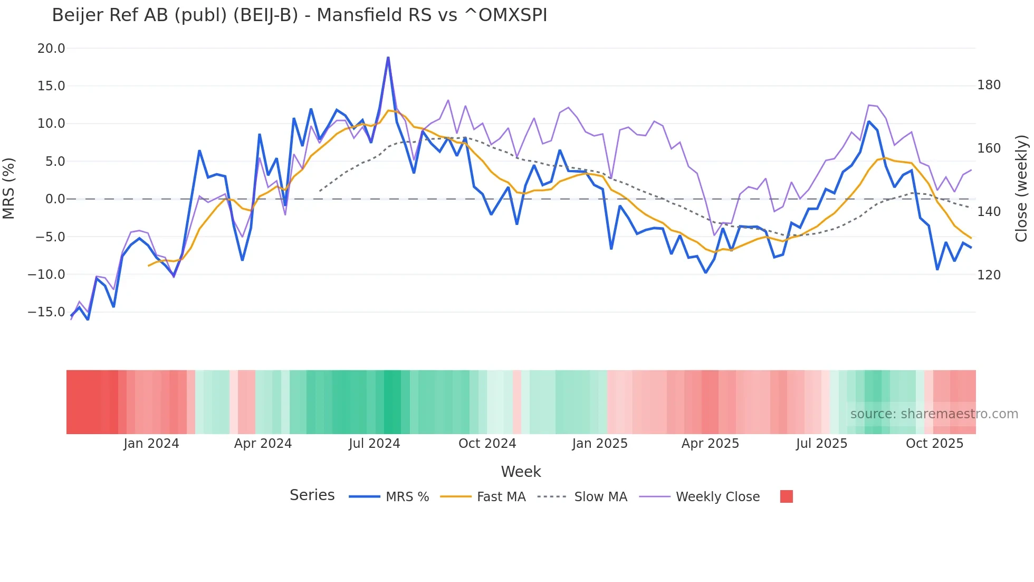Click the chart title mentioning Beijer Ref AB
pyautogui.click(x=299, y=15)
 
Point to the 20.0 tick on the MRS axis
pyautogui.click(x=51, y=49)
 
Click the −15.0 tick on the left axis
pyautogui.click(x=46, y=312)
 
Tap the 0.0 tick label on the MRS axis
pyautogui.click(x=55, y=199)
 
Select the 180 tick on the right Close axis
pyautogui.click(x=989, y=85)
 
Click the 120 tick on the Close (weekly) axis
pyautogui.click(x=989, y=275)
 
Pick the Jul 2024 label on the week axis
pyautogui.click(x=374, y=444)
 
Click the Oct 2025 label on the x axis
pyautogui.click(x=934, y=444)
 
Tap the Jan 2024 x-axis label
pyautogui.click(x=151, y=444)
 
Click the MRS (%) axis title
pyautogui.click(x=9, y=188)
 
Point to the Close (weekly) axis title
pyautogui.click(x=1021, y=188)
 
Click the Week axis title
pyautogui.click(x=521, y=472)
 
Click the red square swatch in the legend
pyautogui.click(x=786, y=496)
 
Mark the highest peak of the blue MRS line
pyautogui.click(x=388, y=58)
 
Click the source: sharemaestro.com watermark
pyautogui.click(x=934, y=414)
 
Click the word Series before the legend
pyautogui.click(x=312, y=495)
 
